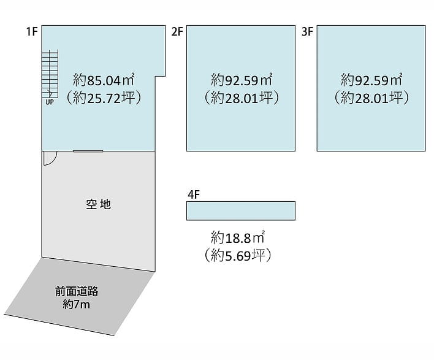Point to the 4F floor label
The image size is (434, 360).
pos(194,195)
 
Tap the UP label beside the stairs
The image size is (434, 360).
pos(50,102)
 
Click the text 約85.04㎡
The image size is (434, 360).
pos(104,80)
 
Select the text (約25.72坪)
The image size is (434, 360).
pos(104,97)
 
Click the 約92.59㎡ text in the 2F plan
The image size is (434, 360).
pos(242,80)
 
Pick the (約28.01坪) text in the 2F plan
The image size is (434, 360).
pos(242,97)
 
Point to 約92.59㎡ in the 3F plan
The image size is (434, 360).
pos(371,80)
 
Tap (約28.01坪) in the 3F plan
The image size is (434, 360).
pos(371,97)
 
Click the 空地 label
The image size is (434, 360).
pos(98,204)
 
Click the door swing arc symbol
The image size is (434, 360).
pos(50,158)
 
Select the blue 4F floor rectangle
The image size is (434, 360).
pos(241,210)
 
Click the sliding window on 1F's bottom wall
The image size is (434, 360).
pos(88,151)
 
